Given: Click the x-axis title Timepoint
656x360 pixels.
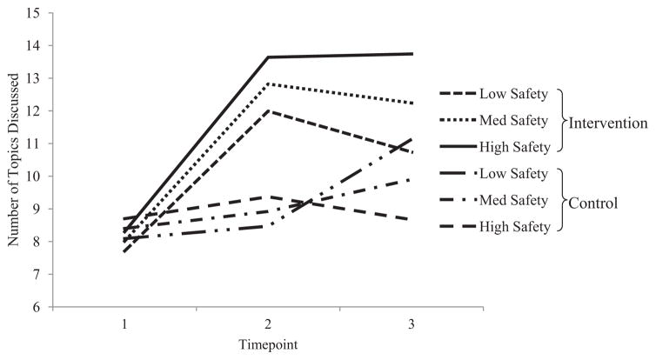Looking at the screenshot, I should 268,343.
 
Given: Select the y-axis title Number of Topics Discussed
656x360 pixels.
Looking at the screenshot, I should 13,159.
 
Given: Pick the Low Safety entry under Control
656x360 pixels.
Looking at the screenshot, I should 519,174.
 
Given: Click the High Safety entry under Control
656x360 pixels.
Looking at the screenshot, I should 519,227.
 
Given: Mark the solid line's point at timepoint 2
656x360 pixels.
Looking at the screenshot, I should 269,57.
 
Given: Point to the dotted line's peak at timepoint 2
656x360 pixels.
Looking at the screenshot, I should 269,83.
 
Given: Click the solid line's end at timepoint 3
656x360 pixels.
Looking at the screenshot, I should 412,54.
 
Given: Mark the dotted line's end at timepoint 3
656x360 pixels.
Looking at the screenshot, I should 412,103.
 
